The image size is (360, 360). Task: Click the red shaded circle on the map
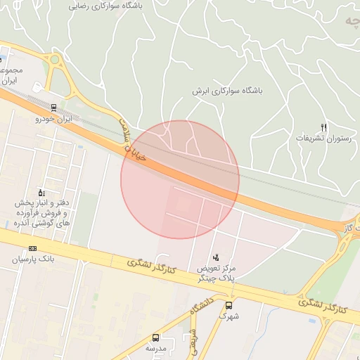click(x=180, y=179)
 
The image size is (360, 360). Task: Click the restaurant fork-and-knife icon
click(x=323, y=127)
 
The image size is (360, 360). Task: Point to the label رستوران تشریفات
click(x=323, y=139)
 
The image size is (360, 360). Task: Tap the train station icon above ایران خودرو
click(x=54, y=108)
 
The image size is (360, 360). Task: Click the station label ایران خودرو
click(x=54, y=120)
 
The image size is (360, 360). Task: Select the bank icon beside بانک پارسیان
click(x=32, y=249)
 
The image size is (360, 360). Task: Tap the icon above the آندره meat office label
click(x=41, y=193)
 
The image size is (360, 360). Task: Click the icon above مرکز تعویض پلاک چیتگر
click(x=217, y=257)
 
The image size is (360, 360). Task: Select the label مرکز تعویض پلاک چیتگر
click(x=217, y=273)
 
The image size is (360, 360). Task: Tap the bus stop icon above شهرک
click(x=229, y=305)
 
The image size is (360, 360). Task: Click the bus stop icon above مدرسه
click(x=155, y=337)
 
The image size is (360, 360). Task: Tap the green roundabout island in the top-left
click(x=54, y=60)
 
